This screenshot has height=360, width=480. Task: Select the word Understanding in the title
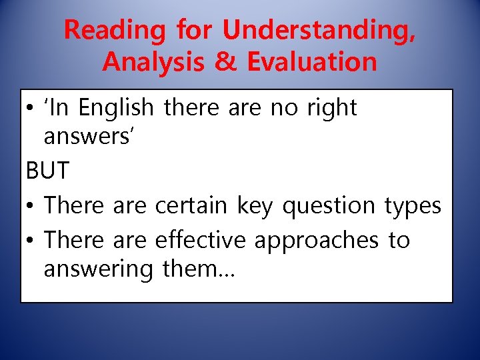(x=319, y=30)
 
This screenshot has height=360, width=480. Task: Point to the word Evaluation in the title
(x=312, y=62)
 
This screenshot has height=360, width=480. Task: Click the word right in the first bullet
(x=332, y=108)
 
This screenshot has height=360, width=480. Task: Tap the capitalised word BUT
(x=47, y=171)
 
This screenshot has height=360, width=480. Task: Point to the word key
(x=256, y=206)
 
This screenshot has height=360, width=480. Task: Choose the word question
(x=330, y=206)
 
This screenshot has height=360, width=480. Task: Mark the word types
(x=413, y=206)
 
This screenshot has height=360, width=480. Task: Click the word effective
(x=199, y=240)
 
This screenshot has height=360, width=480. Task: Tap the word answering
(x=99, y=270)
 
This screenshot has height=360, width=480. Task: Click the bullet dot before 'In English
(x=31, y=109)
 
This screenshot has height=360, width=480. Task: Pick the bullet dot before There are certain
(x=31, y=207)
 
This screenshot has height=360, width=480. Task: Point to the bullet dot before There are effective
(x=31, y=241)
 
